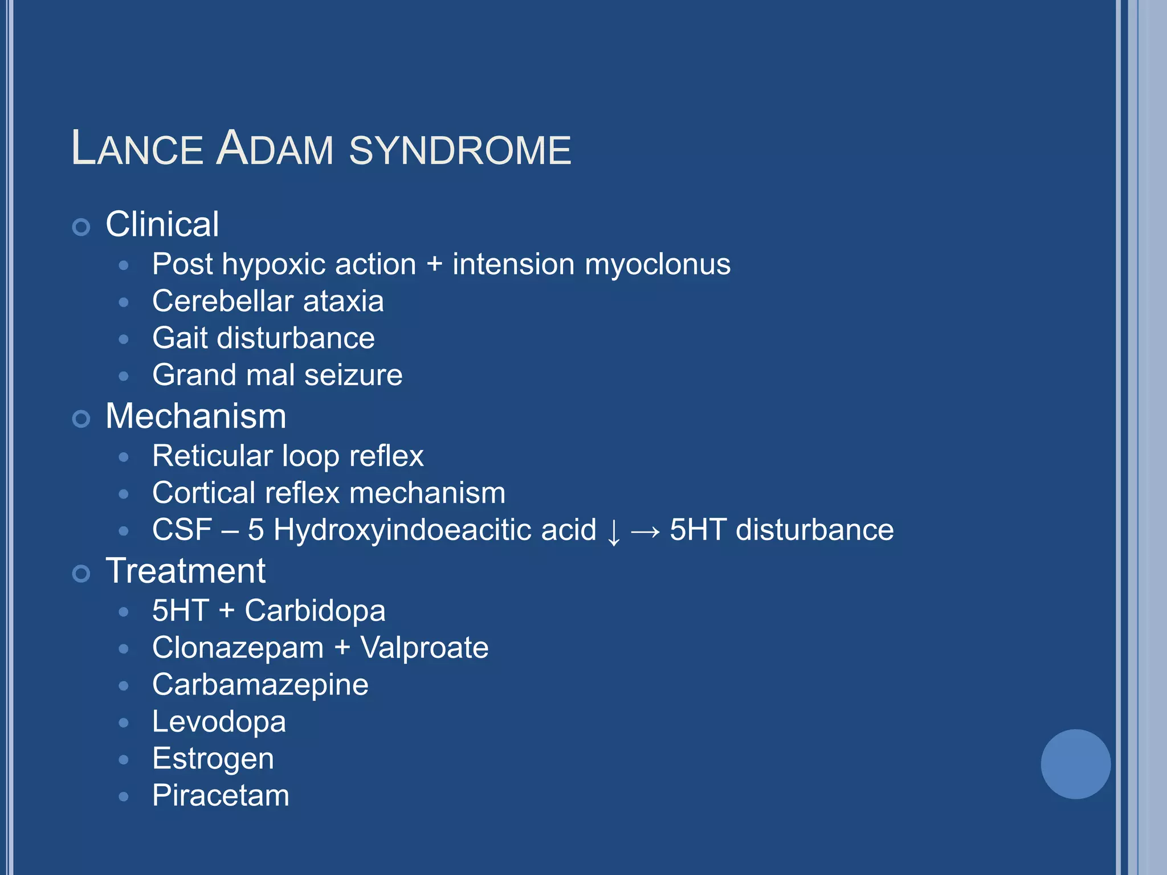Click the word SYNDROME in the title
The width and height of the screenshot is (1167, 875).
pyautogui.click(x=460, y=150)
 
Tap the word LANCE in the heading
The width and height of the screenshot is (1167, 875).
pyautogui.click(x=137, y=149)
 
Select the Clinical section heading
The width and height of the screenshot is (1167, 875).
pyautogui.click(x=162, y=224)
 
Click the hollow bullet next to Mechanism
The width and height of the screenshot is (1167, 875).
pyautogui.click(x=81, y=419)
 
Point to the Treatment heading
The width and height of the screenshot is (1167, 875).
pyautogui.click(x=186, y=571)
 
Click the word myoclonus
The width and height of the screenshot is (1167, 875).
pyautogui.click(x=658, y=265)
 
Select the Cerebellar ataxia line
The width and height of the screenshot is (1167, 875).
pyautogui.click(x=268, y=301)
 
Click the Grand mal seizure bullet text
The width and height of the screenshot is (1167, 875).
pyautogui.click(x=278, y=375)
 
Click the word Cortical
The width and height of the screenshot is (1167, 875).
pyautogui.click(x=203, y=493)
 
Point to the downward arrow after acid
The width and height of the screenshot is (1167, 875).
pyautogui.click(x=614, y=531)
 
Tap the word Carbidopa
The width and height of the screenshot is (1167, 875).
pyautogui.click(x=315, y=611)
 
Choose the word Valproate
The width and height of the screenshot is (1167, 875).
pyautogui.click(x=425, y=648)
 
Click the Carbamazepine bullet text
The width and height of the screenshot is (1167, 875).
pyautogui.click(x=260, y=685)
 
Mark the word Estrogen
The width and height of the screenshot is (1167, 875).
pyautogui.click(x=213, y=759)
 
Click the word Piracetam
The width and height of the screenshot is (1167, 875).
pyautogui.click(x=221, y=796)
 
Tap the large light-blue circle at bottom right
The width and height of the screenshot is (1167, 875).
pyautogui.click(x=1075, y=764)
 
